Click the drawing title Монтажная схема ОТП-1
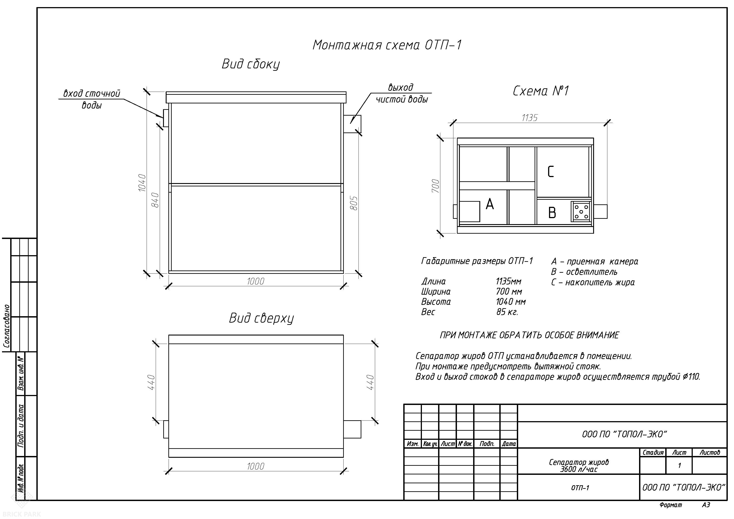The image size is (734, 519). point(387,45)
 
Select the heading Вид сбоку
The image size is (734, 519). point(251,64)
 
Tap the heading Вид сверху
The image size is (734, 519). point(261,318)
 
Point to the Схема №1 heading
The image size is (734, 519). point(541,91)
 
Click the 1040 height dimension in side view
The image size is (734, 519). point(142,183)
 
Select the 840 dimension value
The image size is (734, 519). point(155,200)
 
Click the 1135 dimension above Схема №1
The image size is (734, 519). point(530,118)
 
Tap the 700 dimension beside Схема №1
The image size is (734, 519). point(435,186)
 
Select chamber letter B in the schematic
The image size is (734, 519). point(552,213)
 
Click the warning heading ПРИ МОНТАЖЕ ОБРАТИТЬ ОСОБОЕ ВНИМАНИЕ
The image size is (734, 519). point(529,335)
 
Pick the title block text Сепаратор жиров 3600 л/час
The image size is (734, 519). point(579,466)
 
